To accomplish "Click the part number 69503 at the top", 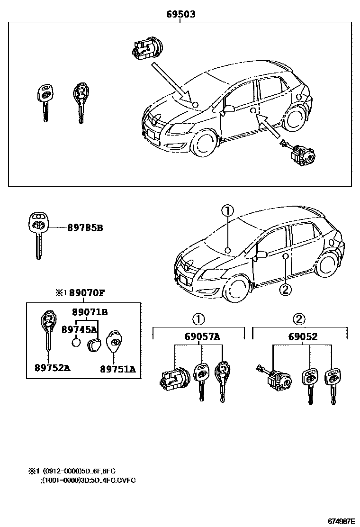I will (180, 15).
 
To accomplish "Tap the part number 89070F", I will (86, 292).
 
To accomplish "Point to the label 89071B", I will (90, 312).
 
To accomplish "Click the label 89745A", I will (79, 329).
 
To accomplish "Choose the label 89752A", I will (52, 368).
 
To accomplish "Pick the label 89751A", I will (117, 369).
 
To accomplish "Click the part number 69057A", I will (202, 337).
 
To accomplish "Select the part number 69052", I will (303, 337).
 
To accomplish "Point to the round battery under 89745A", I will (76, 343).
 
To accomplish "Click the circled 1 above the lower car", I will (228, 211).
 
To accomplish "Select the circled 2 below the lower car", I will (285, 289).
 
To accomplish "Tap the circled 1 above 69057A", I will (198, 318).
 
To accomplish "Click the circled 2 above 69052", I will (298, 318).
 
